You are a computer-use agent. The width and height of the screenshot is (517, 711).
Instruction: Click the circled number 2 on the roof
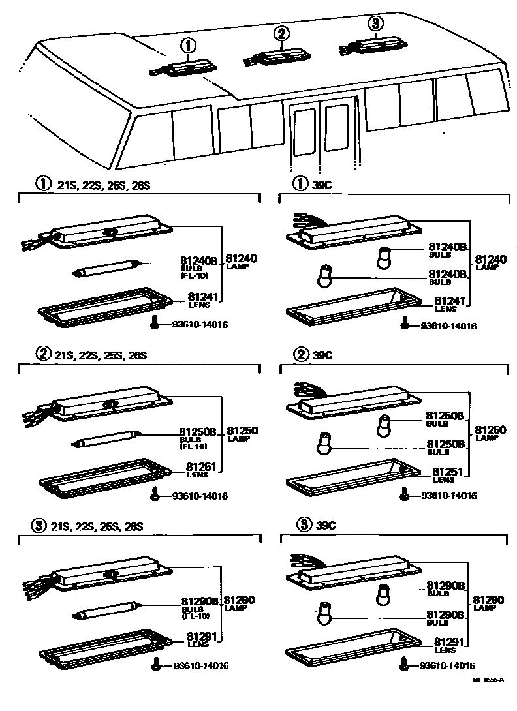point(281,33)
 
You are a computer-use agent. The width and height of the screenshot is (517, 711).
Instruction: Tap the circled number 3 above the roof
point(374,24)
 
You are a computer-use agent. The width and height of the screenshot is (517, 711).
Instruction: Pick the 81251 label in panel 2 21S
point(197,468)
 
